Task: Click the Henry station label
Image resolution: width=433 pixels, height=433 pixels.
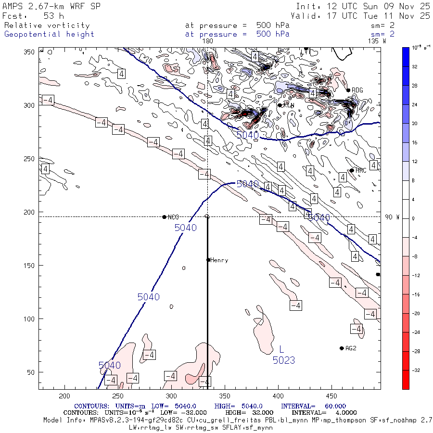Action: pyautogui.click(x=219, y=260)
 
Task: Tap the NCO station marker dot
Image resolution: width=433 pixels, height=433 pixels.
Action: pyautogui.click(x=165, y=217)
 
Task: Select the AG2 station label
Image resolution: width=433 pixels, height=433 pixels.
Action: pyautogui.click(x=351, y=348)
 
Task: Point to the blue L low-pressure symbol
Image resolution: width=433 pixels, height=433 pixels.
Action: pyautogui.click(x=282, y=349)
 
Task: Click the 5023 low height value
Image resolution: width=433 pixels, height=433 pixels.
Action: pyautogui.click(x=284, y=360)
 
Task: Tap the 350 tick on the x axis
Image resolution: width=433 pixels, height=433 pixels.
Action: pyautogui.click(x=171, y=396)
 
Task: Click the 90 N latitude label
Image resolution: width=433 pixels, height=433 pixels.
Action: pyautogui.click(x=392, y=217)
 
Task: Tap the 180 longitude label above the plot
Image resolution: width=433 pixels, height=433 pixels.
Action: pyautogui.click(x=208, y=41)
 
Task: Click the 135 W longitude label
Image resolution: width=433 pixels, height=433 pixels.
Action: pyautogui.click(x=376, y=41)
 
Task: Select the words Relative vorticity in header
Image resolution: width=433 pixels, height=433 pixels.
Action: pyautogui.click(x=47, y=25)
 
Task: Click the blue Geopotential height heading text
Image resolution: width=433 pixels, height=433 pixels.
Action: pyautogui.click(x=49, y=34)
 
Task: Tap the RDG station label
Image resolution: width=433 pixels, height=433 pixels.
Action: pyautogui.click(x=357, y=90)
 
